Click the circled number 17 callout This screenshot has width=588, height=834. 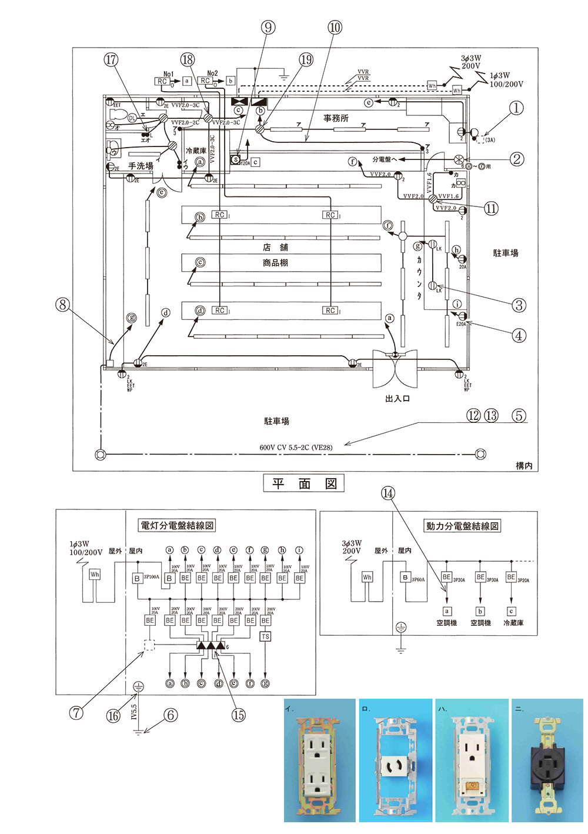(x=111, y=59)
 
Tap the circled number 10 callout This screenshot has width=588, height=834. (x=335, y=27)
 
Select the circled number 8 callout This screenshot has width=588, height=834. (x=62, y=305)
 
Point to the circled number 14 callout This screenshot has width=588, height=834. (x=388, y=493)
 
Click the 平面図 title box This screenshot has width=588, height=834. (x=303, y=483)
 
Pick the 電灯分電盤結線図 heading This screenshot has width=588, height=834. (x=176, y=525)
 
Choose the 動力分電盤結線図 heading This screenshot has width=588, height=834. (x=462, y=526)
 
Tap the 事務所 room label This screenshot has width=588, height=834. (x=336, y=118)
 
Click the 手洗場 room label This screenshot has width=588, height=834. (x=141, y=166)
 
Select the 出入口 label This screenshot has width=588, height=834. (x=397, y=398)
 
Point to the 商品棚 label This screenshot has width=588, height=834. (x=275, y=262)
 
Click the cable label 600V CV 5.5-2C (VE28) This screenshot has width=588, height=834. (x=296, y=447)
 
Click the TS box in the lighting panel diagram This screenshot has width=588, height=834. (x=265, y=636)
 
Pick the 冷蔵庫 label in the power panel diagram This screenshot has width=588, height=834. (x=513, y=623)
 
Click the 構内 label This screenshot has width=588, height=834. (x=524, y=465)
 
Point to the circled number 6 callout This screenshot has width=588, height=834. (x=171, y=715)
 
